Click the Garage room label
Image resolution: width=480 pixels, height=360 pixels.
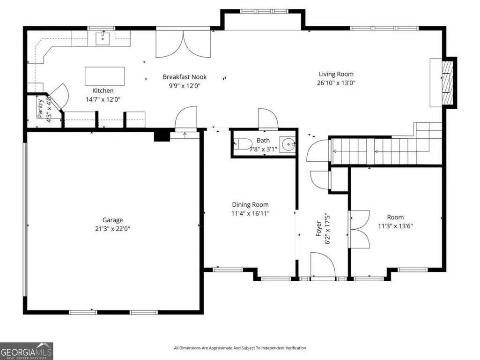(x=112, y=220)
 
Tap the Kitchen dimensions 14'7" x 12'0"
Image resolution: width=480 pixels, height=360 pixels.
(x=103, y=99)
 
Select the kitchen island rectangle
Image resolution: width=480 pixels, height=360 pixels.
(x=105, y=76)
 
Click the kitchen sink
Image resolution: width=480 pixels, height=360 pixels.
(x=103, y=38)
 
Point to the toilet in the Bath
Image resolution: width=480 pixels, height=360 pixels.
(x=242, y=144)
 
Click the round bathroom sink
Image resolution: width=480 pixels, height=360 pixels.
(x=288, y=144)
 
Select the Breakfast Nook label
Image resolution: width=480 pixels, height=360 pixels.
(x=185, y=77)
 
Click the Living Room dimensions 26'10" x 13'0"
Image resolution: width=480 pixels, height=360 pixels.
(x=336, y=82)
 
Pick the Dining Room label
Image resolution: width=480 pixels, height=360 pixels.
(x=250, y=205)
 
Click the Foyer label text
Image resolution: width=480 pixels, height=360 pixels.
(x=319, y=229)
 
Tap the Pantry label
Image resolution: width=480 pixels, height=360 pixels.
(x=40, y=108)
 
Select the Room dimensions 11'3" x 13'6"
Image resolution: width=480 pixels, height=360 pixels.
(x=395, y=226)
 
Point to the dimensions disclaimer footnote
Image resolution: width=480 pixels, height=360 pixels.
(x=240, y=348)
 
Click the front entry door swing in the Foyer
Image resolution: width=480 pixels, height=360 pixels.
(x=323, y=264)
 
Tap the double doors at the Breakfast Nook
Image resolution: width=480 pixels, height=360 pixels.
(x=183, y=43)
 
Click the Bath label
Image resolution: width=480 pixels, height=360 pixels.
(x=263, y=140)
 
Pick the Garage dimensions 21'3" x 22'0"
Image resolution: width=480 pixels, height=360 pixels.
(x=112, y=229)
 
